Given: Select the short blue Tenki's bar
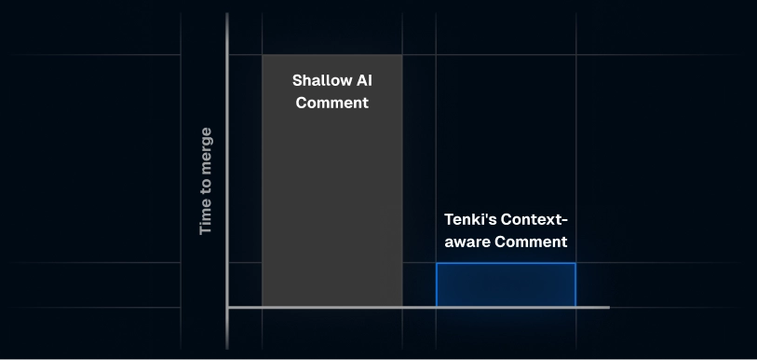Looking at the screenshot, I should click(506, 285).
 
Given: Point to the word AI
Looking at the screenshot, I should click(362, 81).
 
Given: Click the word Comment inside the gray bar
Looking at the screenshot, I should click(331, 103).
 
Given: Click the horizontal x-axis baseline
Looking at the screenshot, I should click(419, 307).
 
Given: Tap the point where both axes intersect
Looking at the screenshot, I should click(227, 307).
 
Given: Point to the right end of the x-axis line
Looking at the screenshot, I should click(608, 307).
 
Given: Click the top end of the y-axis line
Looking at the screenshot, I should click(227, 15).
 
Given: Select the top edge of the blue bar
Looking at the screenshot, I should click(506, 264).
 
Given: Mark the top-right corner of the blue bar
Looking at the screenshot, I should click(575, 264).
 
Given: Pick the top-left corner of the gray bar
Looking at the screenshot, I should click(263, 55).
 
